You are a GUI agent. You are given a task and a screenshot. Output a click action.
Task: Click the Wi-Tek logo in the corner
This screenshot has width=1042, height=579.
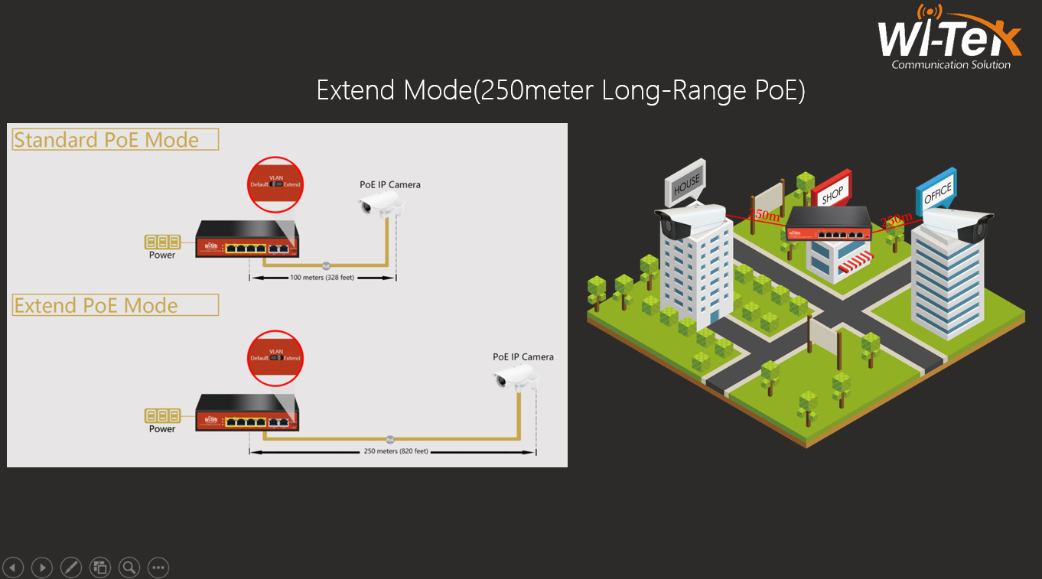949,37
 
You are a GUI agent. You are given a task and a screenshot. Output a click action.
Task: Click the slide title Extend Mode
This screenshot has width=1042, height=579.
561,91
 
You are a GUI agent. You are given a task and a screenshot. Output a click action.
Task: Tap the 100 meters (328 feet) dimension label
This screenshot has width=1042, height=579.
321,278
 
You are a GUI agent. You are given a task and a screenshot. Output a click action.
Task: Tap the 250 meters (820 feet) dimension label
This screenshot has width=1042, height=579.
395,451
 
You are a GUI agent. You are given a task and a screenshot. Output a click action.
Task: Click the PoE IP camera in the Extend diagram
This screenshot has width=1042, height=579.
515,376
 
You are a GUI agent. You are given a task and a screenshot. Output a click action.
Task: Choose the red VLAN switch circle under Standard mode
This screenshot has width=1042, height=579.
275,184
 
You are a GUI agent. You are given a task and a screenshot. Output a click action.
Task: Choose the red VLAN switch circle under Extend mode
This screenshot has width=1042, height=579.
275,357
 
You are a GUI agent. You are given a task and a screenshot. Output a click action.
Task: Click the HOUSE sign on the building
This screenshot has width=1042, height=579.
686,184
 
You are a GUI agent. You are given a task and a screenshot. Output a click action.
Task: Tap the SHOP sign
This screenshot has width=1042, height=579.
832,193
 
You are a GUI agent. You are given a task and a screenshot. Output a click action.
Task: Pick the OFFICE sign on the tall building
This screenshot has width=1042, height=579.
936,191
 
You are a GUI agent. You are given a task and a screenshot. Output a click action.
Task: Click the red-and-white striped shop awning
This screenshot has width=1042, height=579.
855,264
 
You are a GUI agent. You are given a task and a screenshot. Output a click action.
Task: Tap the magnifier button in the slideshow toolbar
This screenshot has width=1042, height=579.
129,568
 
